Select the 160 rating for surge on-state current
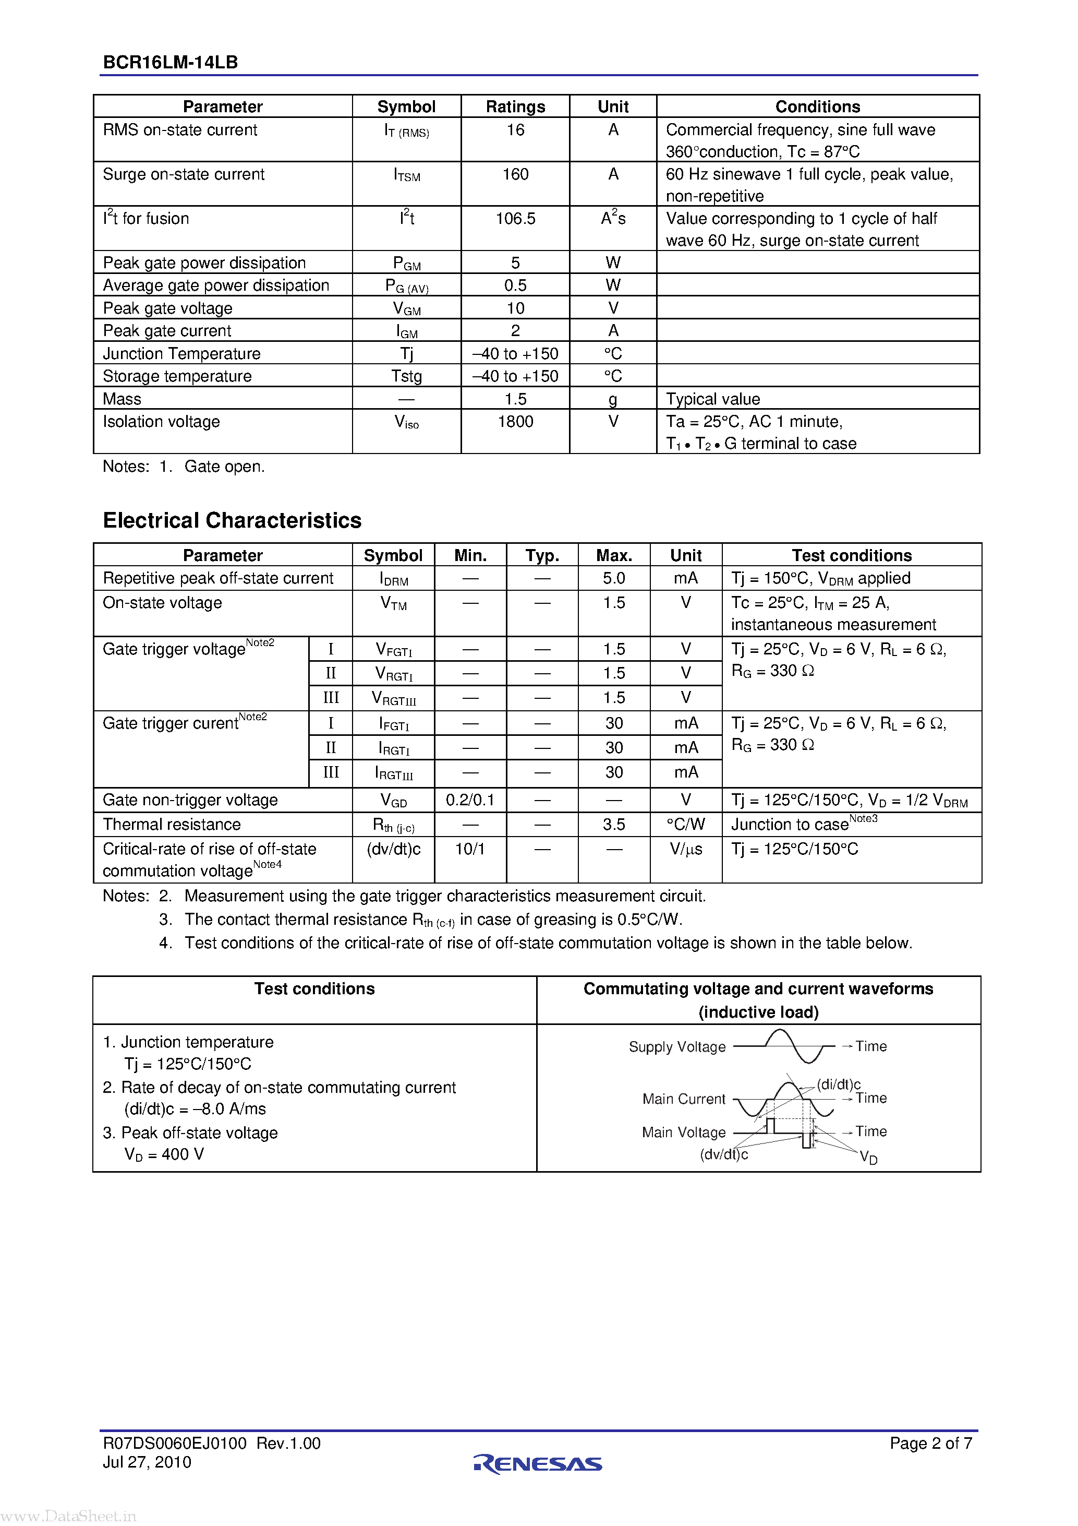[x=515, y=174]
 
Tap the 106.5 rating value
[x=515, y=219]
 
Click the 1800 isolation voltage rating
[x=515, y=421]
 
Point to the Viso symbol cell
[x=406, y=422]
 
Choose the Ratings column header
[x=515, y=106]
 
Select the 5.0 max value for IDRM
[x=614, y=578]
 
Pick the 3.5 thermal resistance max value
[x=614, y=824]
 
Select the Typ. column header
[x=542, y=555]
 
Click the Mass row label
[x=122, y=399]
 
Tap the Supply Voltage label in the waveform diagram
[x=677, y=1047]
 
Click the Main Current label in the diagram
[x=684, y=1099]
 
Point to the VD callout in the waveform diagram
[x=868, y=1157]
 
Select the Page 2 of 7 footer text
[x=930, y=1443]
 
